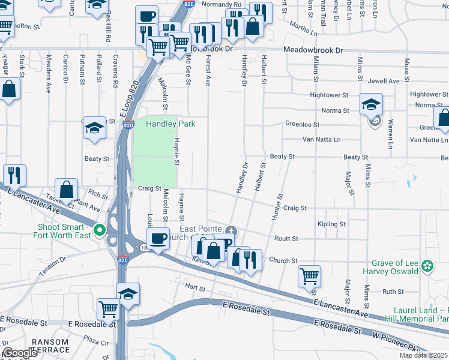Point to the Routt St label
point(286,238)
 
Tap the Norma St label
point(335,110)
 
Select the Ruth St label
point(393,292)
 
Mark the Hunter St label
point(278,206)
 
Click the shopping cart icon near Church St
point(309,276)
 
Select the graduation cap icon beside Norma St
point(371,104)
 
